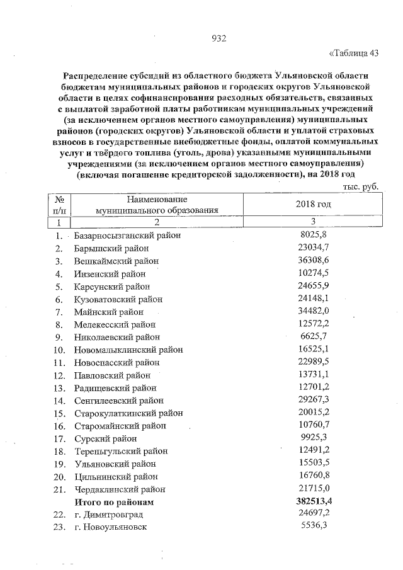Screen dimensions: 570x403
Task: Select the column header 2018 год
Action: [313, 205]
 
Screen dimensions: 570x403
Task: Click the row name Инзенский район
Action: [110, 273]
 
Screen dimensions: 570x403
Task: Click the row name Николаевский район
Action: [116, 337]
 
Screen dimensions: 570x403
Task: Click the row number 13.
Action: [59, 388]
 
